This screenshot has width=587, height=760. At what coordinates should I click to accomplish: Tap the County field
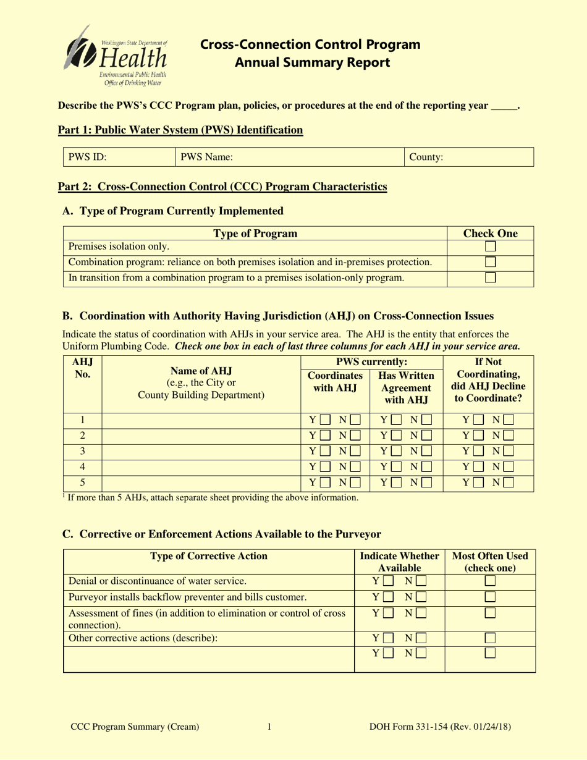pyautogui.click(x=470, y=157)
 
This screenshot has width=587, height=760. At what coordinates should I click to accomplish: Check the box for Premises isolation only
pyautogui.click(x=490, y=247)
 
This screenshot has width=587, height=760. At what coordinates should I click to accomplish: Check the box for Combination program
pyautogui.click(x=490, y=262)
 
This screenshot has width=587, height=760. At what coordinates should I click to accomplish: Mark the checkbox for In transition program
pyautogui.click(x=490, y=278)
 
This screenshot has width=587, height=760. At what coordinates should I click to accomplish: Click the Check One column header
pyautogui.click(x=490, y=234)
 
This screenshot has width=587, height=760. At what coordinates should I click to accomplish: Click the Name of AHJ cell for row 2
pyautogui.click(x=201, y=436)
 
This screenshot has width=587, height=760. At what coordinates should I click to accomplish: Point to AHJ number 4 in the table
pyautogui.click(x=82, y=467)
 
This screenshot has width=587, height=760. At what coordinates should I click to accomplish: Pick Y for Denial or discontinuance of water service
pyautogui.click(x=387, y=581)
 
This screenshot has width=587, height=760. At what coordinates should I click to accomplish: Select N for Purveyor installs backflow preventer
pyautogui.click(x=420, y=597)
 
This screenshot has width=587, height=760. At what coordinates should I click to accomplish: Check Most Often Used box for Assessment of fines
pyautogui.click(x=490, y=613)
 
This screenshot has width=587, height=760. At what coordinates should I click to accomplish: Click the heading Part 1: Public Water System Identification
pyautogui.click(x=180, y=130)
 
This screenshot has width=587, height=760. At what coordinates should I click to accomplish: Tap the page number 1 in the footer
pyautogui.click(x=269, y=727)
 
